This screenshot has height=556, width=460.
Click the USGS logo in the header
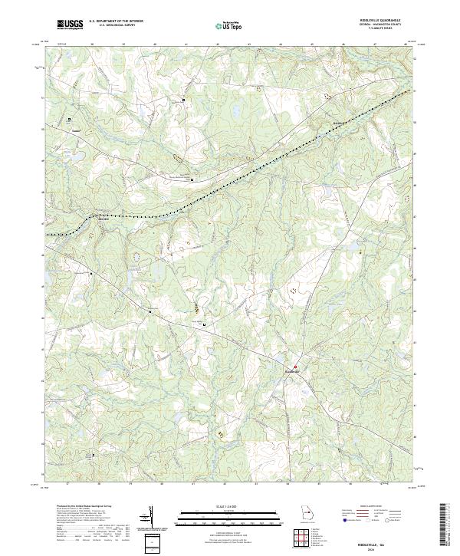[x=71, y=25]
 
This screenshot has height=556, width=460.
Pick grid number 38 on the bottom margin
[x=98, y=485]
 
